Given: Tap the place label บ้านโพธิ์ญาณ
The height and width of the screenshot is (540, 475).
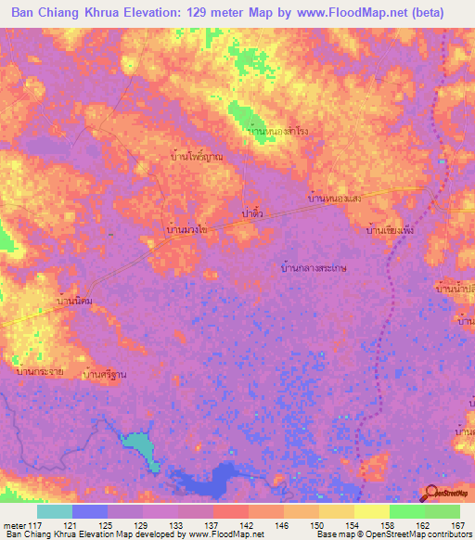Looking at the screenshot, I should pyautogui.click(x=198, y=158).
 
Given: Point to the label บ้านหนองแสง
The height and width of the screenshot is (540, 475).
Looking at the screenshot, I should pyautogui.click(x=346, y=199).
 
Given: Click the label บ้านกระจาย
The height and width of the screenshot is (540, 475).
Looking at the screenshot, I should pyautogui.click(x=40, y=371).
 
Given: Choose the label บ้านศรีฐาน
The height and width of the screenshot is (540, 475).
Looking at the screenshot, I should pyautogui.click(x=103, y=374).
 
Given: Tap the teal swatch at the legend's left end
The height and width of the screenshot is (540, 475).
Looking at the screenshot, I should pyautogui.click(x=54, y=511).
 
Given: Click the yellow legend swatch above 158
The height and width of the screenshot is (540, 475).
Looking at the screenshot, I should pyautogui.click(x=371, y=511).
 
